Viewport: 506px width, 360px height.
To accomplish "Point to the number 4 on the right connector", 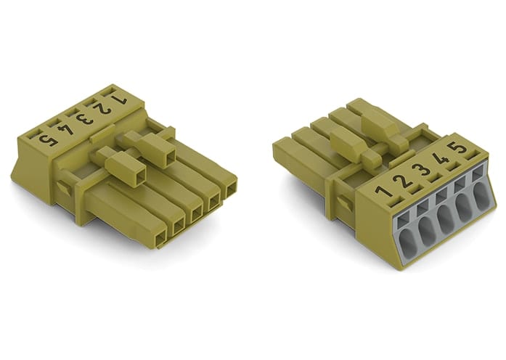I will (x=439, y=159).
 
